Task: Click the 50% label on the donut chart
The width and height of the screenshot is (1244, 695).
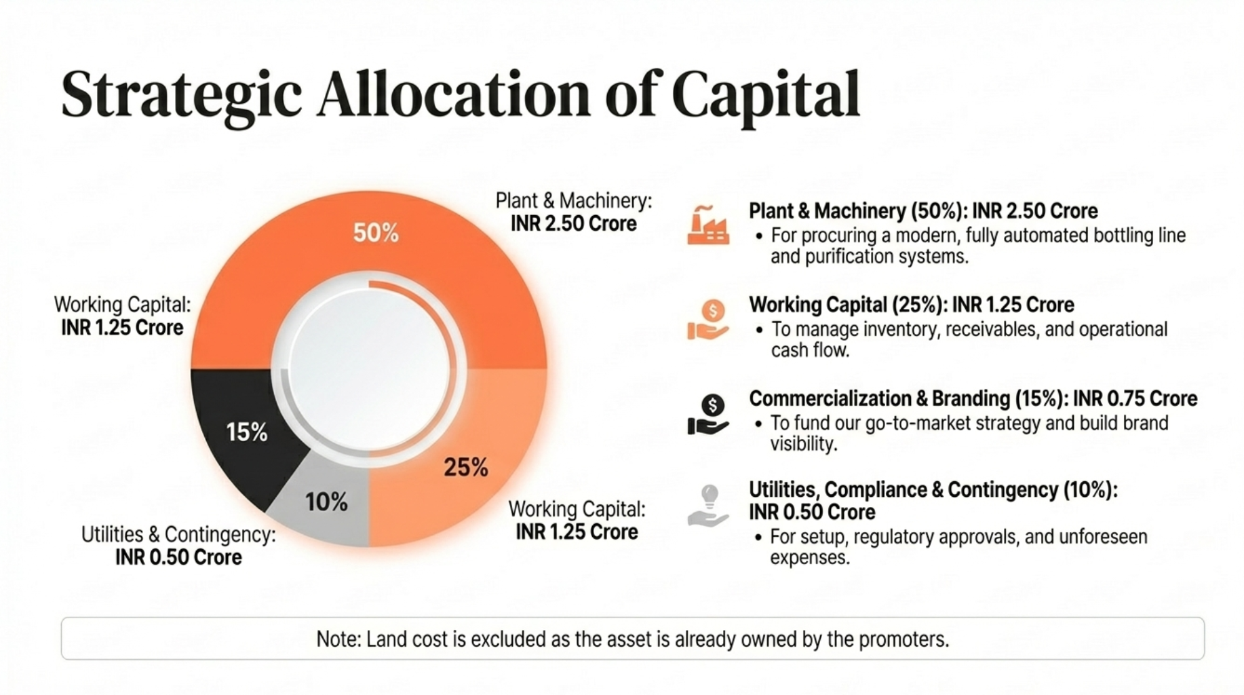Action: click(376, 233)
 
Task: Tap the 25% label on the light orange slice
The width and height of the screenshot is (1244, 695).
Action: click(466, 467)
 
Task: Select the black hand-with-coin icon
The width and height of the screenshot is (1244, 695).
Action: click(707, 414)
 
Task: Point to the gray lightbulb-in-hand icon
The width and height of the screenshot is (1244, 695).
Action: click(707, 506)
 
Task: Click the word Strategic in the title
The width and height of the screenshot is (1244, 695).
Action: click(181, 95)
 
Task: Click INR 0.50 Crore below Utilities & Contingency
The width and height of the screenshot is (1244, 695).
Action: click(178, 557)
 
